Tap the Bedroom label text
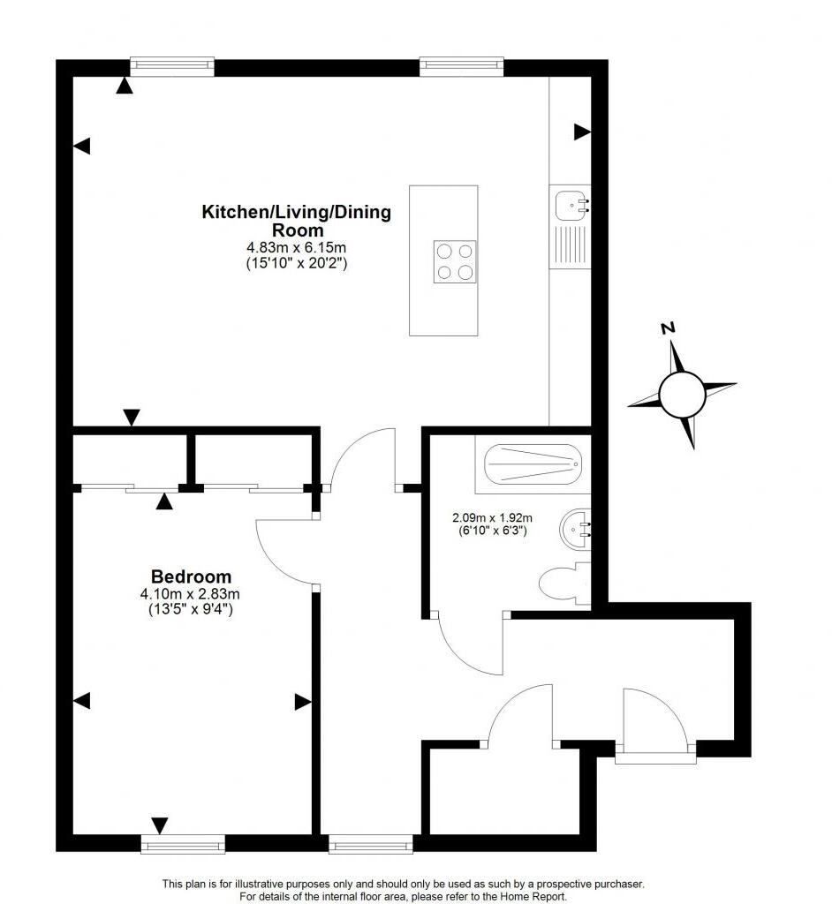point(191,576)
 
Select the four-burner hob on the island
point(455,261)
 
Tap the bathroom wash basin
point(575,530)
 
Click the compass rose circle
point(682,394)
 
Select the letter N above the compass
point(669,328)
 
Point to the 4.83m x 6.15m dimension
point(297,248)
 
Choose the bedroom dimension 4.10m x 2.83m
point(191,593)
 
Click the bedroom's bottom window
point(183,845)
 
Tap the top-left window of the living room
point(172,64)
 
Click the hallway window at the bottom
point(370,845)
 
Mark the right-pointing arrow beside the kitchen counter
point(582,132)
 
